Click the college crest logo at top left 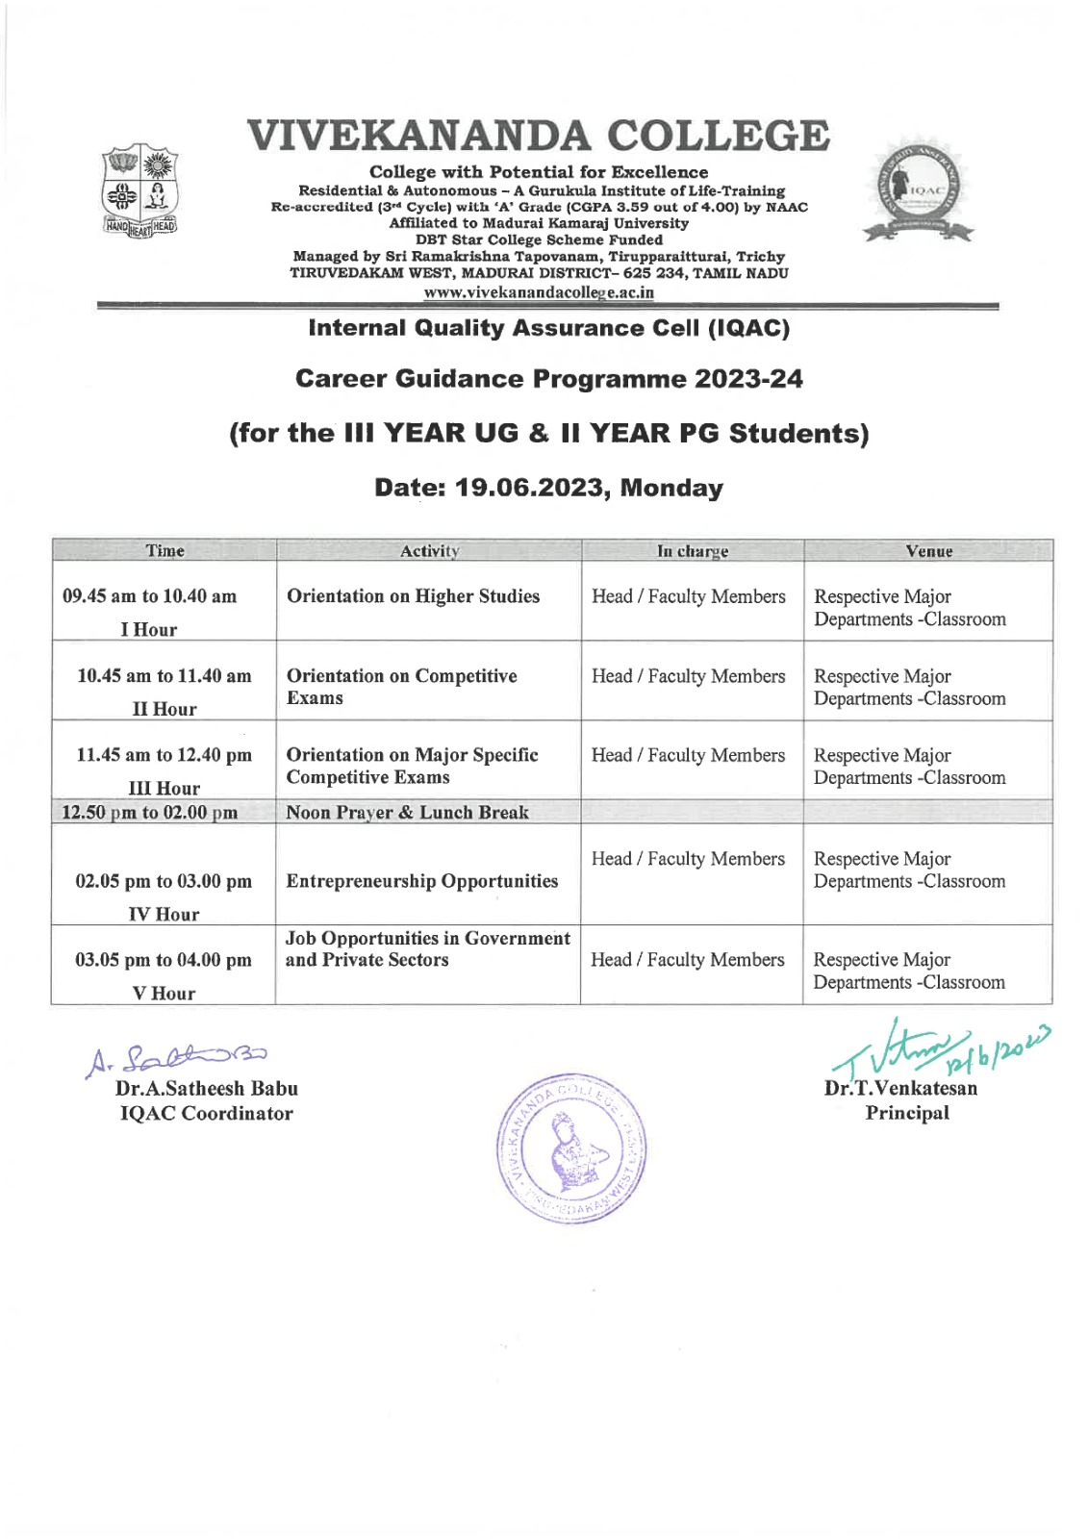click(x=140, y=190)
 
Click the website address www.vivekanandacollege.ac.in click(x=539, y=292)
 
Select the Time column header click(x=164, y=551)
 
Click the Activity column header click(x=429, y=551)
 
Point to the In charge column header click(x=692, y=551)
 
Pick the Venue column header click(x=928, y=551)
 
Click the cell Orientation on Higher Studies click(x=413, y=596)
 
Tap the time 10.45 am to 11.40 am click(x=164, y=676)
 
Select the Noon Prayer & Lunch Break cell click(x=407, y=813)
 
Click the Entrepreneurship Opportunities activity click(x=421, y=881)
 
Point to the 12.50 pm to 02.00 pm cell click(x=150, y=813)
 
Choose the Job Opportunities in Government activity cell click(x=427, y=948)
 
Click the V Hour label click(x=164, y=994)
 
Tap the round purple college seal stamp click(x=571, y=1148)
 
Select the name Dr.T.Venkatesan click(x=900, y=1089)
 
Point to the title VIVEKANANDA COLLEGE click(x=538, y=136)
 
